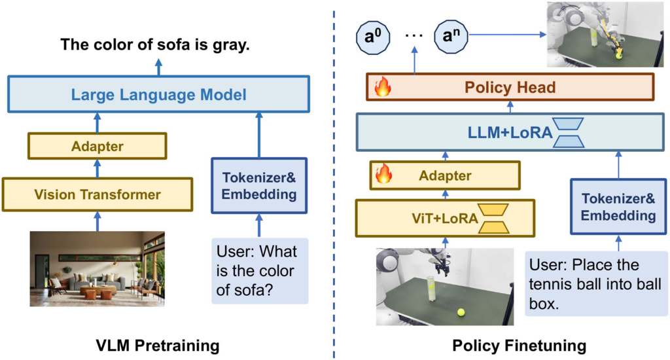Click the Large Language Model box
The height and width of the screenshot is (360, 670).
(158, 94)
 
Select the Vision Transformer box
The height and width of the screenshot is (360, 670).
(97, 194)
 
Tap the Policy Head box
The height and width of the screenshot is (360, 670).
(510, 87)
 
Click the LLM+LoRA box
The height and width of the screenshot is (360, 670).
(510, 132)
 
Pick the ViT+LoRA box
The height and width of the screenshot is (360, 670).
(445, 218)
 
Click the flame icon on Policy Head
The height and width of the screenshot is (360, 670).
(383, 87)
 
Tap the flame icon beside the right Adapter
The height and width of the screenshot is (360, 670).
(383, 174)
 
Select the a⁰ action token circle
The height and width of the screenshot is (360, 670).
(373, 37)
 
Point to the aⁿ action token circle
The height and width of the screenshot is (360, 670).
(451, 37)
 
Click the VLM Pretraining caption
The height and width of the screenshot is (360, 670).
(158, 346)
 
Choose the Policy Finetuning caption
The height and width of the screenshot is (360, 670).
(519, 346)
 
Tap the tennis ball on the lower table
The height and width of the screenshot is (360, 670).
(461, 312)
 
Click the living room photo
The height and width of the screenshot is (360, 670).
(97, 269)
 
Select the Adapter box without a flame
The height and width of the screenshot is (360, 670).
(97, 146)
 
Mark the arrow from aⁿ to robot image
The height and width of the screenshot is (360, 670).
(508, 35)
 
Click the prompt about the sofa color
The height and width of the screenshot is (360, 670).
(260, 271)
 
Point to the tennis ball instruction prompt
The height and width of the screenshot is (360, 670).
(596, 284)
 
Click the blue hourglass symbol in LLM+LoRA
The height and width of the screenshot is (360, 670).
(569, 132)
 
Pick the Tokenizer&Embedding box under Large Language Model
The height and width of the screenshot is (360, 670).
(259, 185)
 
